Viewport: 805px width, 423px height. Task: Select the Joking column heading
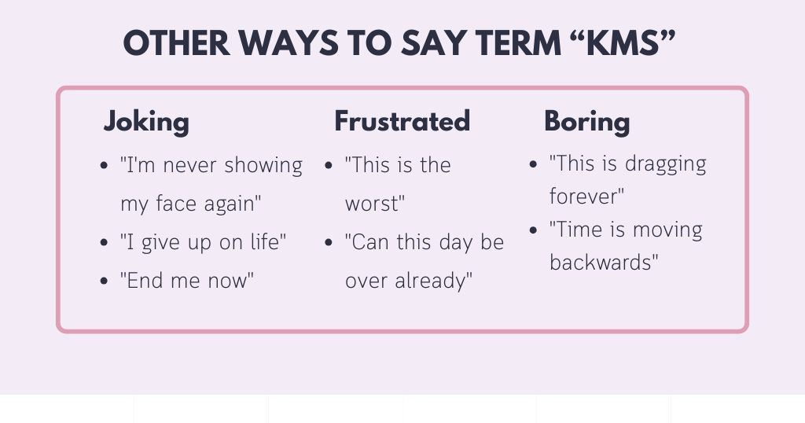point(146,122)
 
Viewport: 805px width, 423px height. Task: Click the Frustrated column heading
point(402,122)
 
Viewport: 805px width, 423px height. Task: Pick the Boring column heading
point(586,122)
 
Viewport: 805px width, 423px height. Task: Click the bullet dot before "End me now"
point(105,281)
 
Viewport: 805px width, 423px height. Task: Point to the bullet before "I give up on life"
point(105,243)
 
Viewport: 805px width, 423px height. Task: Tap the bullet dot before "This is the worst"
point(329,166)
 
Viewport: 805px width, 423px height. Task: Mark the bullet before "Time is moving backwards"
point(533,230)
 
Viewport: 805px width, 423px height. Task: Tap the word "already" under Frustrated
point(431,281)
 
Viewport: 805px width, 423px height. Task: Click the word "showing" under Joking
point(263,166)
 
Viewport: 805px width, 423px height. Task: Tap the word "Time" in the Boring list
point(575,230)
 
